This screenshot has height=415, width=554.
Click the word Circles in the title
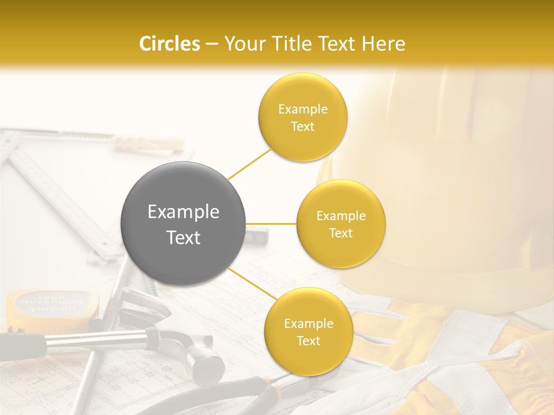coord(170,44)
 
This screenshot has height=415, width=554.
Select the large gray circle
coord(183,224)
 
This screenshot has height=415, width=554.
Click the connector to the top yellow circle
coord(249,164)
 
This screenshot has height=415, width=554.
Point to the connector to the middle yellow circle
coord(271,224)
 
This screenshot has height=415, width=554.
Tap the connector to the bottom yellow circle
coord(252,284)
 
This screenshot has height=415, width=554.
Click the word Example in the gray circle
coord(183,212)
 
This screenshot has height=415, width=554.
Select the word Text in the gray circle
coord(183,237)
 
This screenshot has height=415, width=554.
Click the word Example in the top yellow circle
coord(302,110)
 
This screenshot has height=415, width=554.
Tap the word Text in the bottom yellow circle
coord(308,341)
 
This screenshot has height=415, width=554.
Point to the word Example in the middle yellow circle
coord(340,216)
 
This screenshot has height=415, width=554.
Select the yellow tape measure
coord(52,305)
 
